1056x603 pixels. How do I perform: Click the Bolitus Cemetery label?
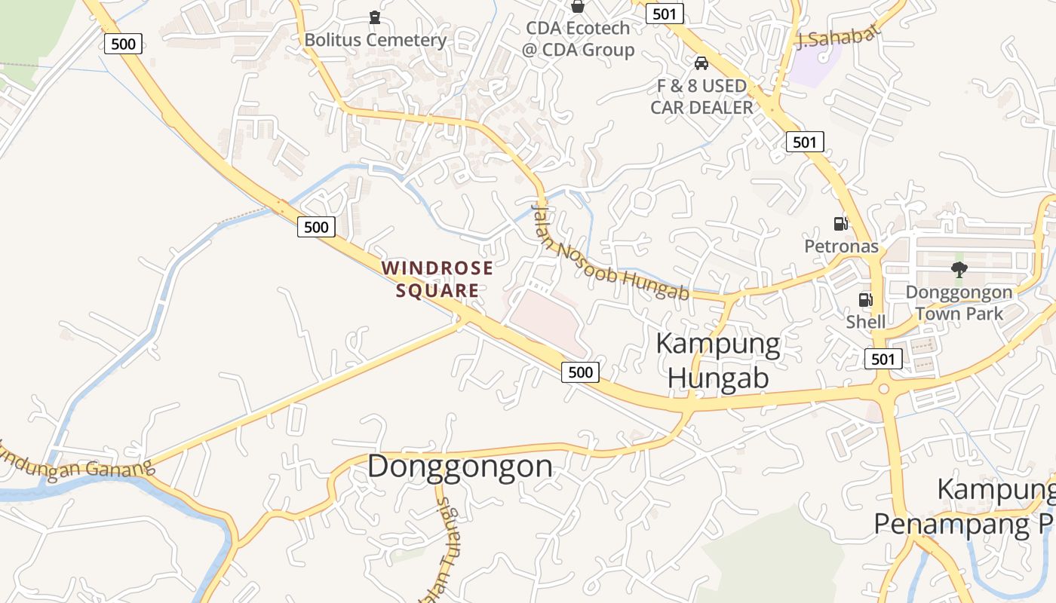coord(375,39)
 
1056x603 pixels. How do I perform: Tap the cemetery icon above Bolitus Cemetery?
coord(375,17)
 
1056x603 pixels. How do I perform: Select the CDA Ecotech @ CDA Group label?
coord(579,39)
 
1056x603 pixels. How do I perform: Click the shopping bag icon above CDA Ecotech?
coord(578,6)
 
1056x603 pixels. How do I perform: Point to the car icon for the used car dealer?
coord(701,63)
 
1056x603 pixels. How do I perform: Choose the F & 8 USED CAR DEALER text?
coord(701,96)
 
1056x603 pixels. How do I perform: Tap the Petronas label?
coord(841,246)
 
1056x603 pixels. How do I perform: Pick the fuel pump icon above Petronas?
coord(840,223)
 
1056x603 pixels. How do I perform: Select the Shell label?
coord(865,322)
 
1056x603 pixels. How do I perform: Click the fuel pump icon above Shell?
coord(865,300)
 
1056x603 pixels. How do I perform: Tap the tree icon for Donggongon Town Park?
coord(959,269)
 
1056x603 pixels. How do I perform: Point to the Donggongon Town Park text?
coord(959,302)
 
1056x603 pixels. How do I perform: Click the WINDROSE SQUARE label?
coord(437,279)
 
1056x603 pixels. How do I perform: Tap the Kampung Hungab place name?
coord(718,360)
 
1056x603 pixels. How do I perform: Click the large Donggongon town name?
coord(460,466)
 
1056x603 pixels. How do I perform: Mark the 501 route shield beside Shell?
coord(883,359)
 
